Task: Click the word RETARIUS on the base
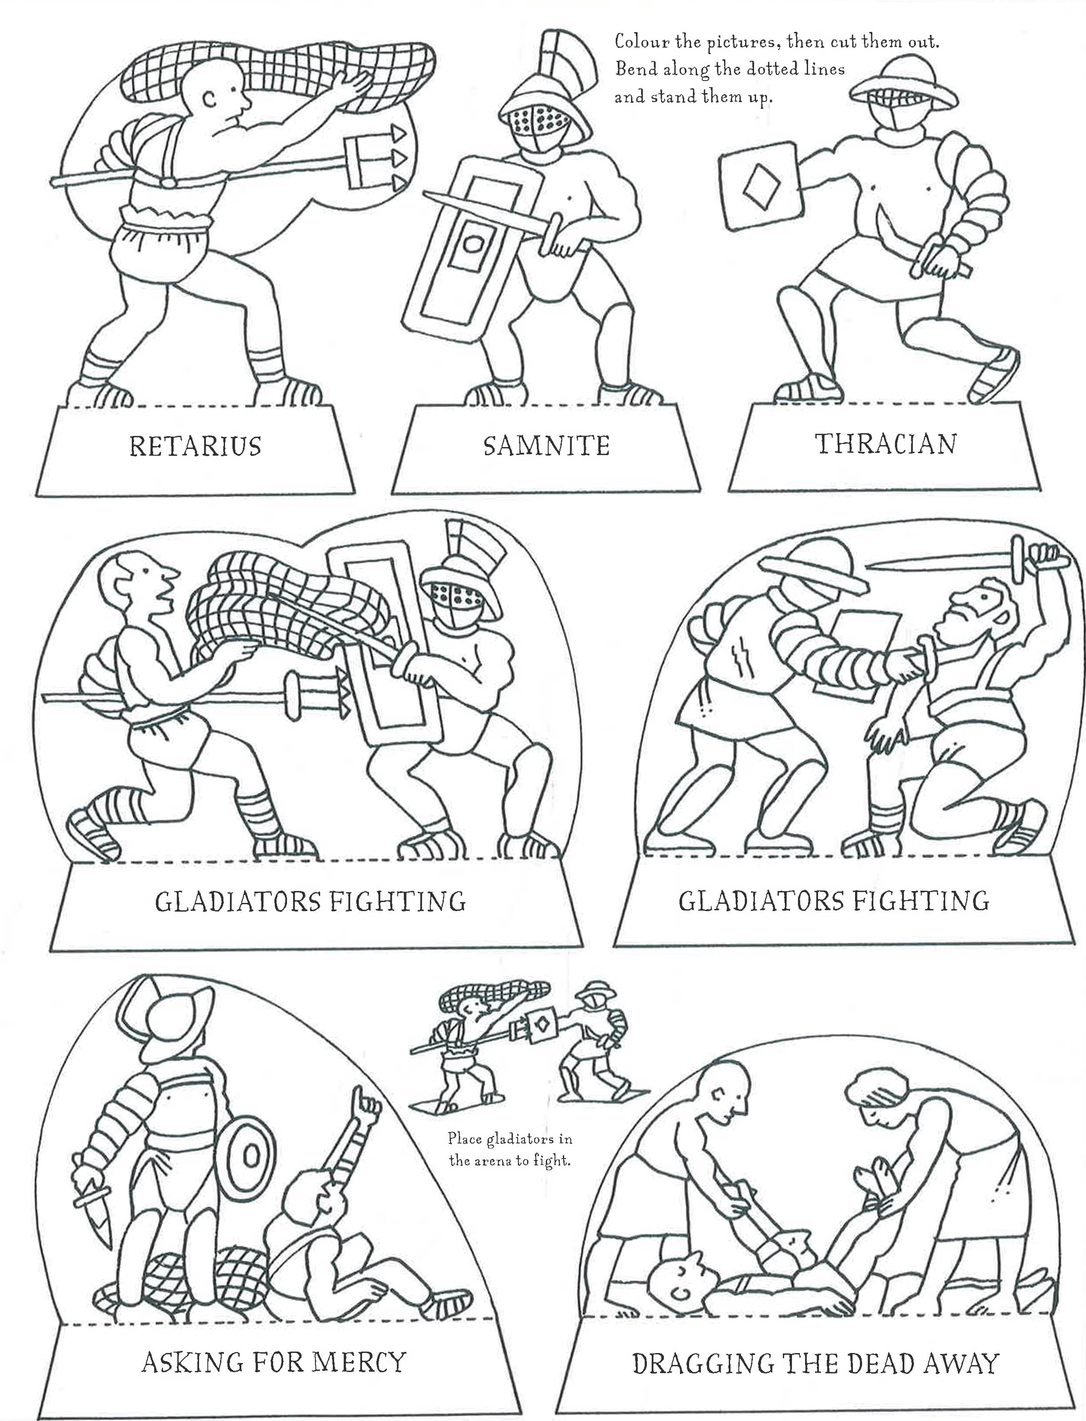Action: point(195,446)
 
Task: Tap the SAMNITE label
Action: point(546,446)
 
